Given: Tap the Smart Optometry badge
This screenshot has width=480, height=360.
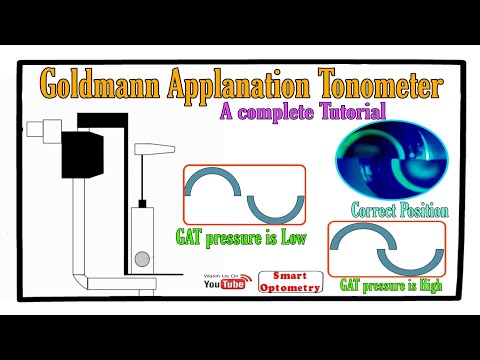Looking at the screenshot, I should pyautogui.click(x=290, y=282).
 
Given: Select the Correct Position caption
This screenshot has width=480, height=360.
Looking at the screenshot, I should pyautogui.click(x=399, y=211).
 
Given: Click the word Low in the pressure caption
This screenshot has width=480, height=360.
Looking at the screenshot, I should pyautogui.click(x=290, y=238).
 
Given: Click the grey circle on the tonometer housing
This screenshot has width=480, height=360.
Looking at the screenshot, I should pyautogui.click(x=143, y=258).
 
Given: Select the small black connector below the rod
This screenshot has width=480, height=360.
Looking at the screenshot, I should pyautogui.click(x=142, y=204).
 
